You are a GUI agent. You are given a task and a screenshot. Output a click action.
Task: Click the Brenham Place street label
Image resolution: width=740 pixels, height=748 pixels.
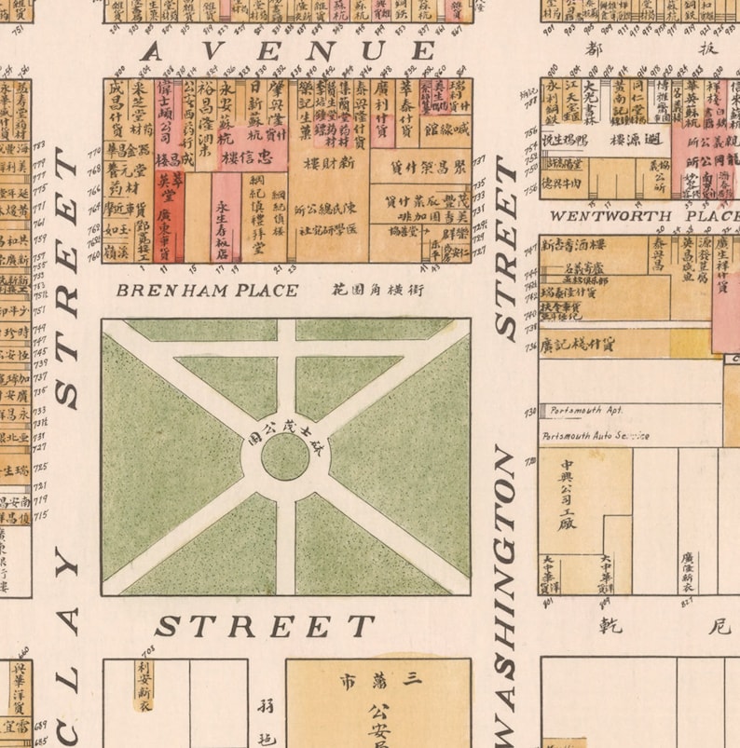pyautogui.click(x=207, y=291)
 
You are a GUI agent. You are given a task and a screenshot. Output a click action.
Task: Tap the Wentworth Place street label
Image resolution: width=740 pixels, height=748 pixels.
pyautogui.click(x=638, y=216)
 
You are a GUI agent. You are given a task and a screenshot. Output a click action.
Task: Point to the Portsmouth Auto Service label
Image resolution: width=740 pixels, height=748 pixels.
pyautogui.click(x=595, y=436)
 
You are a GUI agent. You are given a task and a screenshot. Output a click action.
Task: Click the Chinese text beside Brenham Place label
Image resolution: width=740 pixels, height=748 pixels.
pyautogui.click(x=377, y=291)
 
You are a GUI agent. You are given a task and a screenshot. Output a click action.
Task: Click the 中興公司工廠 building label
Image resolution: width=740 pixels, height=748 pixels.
pyautogui.click(x=568, y=494)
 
